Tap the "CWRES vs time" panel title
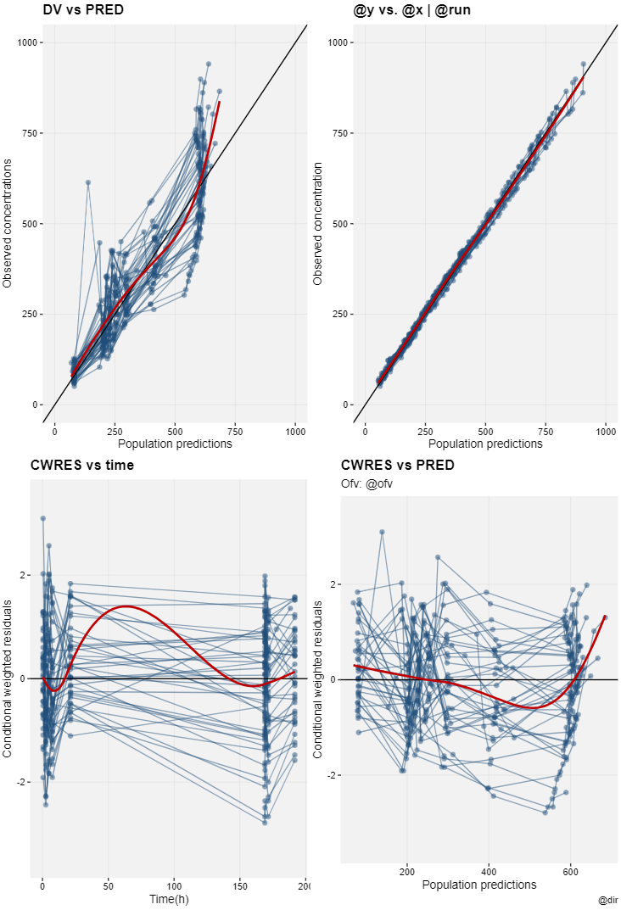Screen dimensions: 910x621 pos(83,465)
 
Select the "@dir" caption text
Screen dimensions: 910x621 pos(607,899)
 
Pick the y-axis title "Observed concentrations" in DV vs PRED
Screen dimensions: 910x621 pos(8,224)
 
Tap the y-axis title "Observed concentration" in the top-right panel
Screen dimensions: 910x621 pos(318,224)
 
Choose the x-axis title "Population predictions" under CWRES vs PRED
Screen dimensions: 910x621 pos(478,885)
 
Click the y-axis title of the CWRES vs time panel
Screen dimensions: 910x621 pos(8,678)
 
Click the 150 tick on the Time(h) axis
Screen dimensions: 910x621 pos(240,885)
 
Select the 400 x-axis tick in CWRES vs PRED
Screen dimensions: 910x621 pos(490,871)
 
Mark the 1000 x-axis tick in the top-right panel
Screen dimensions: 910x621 pos(606,431)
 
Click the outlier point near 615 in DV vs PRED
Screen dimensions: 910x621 pos(87,182)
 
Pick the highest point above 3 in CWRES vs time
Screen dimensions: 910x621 pos(42,518)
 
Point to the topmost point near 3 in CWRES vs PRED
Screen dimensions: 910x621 pos(382,532)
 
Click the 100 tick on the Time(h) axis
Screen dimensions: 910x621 pos(175,885)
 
